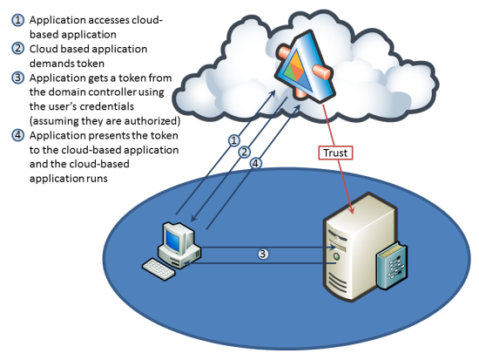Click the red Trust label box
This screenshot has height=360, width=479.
pos(335,153)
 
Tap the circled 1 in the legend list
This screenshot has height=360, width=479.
pos(18,20)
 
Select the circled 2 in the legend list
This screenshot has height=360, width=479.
pos(18,49)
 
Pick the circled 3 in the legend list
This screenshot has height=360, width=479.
pos(18,78)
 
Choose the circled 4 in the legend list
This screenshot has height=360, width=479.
pos(18,135)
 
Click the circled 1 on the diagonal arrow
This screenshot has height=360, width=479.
pos(234,140)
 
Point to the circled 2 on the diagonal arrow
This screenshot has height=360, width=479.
pos(245,152)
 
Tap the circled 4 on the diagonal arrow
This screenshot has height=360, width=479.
pos(256,163)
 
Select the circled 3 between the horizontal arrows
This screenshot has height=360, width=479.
pos(263,254)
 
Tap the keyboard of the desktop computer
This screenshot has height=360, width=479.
pos(159,268)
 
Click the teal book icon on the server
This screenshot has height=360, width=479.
pos(392,266)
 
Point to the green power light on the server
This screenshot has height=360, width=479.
pos(337,256)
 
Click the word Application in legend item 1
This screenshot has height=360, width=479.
pos(57,21)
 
